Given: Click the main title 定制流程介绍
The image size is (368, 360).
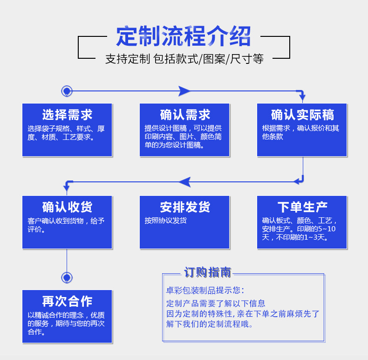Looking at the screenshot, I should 184,37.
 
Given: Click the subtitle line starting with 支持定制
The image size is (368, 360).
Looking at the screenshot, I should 184,59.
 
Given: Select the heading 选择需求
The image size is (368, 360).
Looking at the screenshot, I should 67,115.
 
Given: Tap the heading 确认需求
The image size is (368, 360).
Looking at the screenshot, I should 185,115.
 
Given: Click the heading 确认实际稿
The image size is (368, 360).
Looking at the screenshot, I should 302,115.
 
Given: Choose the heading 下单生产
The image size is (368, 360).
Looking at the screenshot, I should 302,207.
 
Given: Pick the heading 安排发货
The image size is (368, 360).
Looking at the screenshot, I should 185,207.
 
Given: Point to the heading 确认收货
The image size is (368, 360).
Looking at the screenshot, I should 67,207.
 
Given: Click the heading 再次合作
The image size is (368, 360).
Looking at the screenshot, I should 67,301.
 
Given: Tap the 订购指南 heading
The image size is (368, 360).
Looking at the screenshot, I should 207,272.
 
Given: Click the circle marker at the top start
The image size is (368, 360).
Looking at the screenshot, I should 67,91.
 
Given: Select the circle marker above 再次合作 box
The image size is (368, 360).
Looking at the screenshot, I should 67,278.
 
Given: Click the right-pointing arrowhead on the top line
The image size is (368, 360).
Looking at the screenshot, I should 184,91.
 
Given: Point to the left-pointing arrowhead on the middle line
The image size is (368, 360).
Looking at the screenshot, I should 185,182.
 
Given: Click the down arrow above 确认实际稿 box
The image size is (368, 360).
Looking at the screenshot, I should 302,98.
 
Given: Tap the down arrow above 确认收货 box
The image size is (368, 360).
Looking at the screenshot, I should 67,188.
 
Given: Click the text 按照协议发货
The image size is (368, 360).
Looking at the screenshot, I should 166,221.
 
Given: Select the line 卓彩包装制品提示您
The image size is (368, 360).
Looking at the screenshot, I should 204,291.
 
